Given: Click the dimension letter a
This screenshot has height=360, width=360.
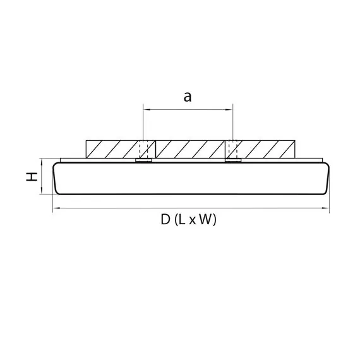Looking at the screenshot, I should pyautogui.click(x=188, y=97).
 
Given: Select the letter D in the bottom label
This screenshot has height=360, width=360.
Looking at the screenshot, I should pyautogui.click(x=165, y=220).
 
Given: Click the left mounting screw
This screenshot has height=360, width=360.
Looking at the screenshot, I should pyautogui.click(x=144, y=150).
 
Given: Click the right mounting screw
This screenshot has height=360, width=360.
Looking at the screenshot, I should pyautogui.click(x=232, y=150).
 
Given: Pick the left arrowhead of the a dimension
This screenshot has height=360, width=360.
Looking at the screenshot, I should pyautogui.click(x=147, y=110).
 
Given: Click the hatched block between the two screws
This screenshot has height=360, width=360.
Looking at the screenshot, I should pyautogui.click(x=188, y=149).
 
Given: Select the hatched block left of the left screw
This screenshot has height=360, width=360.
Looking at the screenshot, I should pyautogui.click(x=112, y=149).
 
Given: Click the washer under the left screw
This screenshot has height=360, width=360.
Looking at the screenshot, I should pyautogui.click(x=144, y=160).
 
